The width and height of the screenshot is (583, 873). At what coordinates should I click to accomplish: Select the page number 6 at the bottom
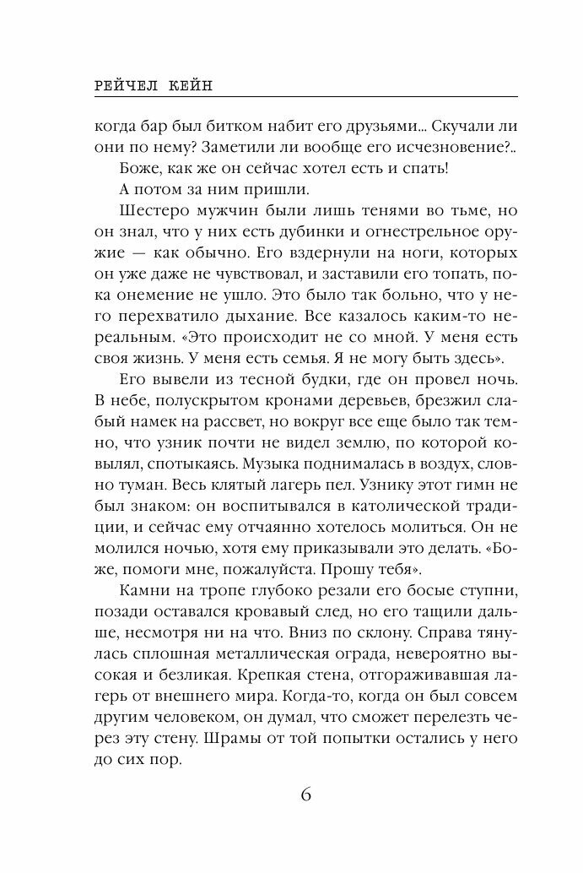tap(306, 796)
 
